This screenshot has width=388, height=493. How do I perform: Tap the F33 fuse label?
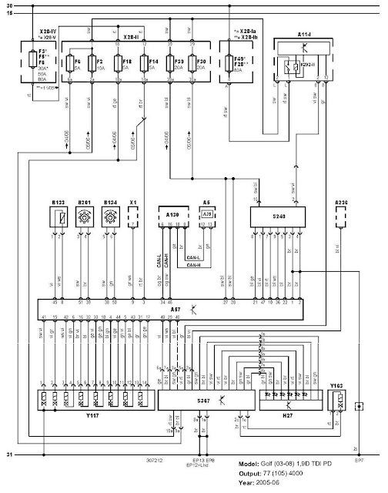click(179, 59)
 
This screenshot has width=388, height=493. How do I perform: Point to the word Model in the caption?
click(253, 463)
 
